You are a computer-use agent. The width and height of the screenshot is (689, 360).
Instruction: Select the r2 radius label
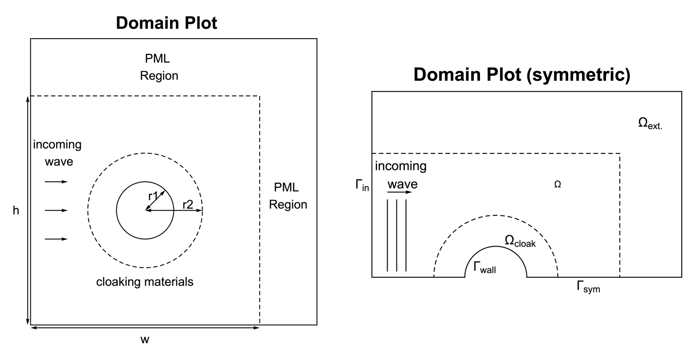pyautogui.click(x=187, y=204)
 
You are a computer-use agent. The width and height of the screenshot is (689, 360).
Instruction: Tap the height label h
pyautogui.click(x=16, y=210)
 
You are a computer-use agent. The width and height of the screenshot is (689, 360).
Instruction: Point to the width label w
pyautogui.click(x=145, y=339)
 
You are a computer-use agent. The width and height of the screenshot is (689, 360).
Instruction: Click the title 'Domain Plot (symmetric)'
pyautogui.click(x=521, y=75)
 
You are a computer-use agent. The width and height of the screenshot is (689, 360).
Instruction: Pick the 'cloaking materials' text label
pyautogui.click(x=145, y=281)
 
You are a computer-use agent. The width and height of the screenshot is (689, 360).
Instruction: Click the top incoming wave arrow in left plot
pyautogui.click(x=56, y=182)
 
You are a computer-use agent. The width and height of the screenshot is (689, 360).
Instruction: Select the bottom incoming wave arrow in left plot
pyautogui.click(x=56, y=239)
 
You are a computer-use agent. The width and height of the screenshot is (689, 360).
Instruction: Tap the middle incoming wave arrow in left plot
pyautogui.click(x=56, y=210)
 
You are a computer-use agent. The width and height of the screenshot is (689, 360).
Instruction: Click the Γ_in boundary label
pyautogui.click(x=362, y=186)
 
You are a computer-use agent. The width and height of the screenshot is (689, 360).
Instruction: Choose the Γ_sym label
pyautogui.click(x=588, y=287)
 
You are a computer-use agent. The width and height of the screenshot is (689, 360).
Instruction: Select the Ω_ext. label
pyautogui.click(x=650, y=123)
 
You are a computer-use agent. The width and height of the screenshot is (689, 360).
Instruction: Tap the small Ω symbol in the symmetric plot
pyautogui.click(x=558, y=185)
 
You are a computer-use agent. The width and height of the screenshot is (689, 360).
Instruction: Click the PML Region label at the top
pyautogui.click(x=159, y=67)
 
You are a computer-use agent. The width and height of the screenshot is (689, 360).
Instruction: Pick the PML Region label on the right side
pyautogui.click(x=288, y=196)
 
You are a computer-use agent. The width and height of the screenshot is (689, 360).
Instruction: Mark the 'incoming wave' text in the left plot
pyautogui.click(x=57, y=153)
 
